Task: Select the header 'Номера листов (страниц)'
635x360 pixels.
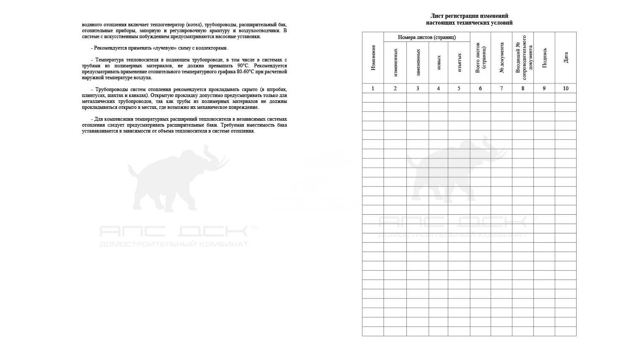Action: coord(427,37)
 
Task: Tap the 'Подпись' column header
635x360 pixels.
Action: coord(544,58)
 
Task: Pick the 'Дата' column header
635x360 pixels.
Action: coord(566,58)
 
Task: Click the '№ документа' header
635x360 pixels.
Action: coord(502,58)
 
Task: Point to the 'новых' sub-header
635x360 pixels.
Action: coord(439,63)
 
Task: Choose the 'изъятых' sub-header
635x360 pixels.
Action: coord(459,63)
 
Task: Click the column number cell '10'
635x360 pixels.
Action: coord(566,89)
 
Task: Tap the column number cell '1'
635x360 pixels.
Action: coord(373,89)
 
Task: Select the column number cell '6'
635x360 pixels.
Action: coord(480,89)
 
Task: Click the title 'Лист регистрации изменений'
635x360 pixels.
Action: coord(469,16)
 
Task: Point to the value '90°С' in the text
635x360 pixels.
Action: coord(243,66)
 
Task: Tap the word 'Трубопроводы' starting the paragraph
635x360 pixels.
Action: coord(112,89)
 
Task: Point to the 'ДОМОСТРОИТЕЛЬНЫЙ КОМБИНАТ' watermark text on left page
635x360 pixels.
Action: coord(174,244)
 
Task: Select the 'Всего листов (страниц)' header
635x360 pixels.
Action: coord(480,58)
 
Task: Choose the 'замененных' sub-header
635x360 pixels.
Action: coord(418,63)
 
